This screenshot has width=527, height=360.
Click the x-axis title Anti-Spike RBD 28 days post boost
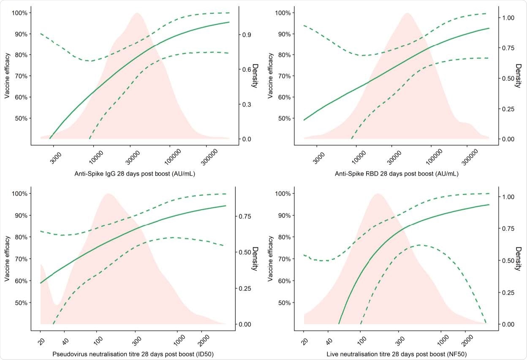[x=397, y=173]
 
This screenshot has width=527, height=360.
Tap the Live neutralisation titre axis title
[x=397, y=353]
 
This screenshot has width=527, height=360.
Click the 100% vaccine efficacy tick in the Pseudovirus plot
[x=20, y=194]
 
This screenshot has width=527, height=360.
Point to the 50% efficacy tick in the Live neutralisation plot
[x=284, y=303]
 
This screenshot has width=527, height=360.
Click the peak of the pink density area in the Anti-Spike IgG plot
[x=137, y=14]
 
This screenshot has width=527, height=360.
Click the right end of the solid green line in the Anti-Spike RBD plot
[x=489, y=28]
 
